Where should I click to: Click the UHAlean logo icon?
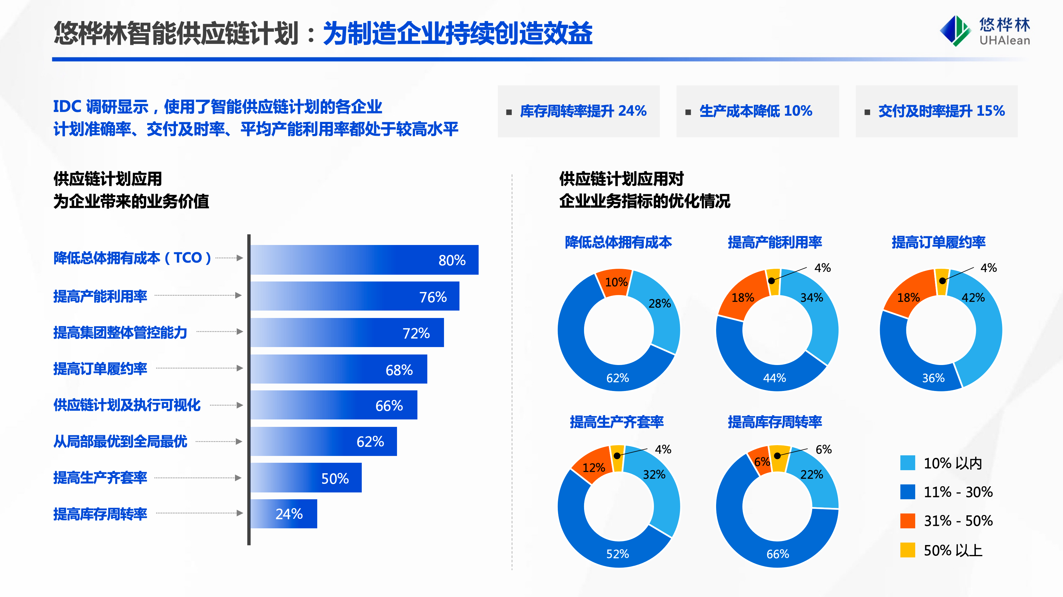point(954,31)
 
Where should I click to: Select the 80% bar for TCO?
point(364,260)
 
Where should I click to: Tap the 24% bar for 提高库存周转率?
point(284,513)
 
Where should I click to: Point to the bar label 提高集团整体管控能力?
point(120,332)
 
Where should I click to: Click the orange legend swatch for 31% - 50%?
point(907,521)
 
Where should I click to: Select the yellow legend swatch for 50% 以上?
point(907,550)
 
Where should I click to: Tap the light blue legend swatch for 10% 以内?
point(907,463)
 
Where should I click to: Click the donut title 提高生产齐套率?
point(617,422)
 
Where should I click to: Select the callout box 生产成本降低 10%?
point(757,111)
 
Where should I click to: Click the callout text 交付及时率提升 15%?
point(941,111)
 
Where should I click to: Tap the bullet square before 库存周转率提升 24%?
point(509,112)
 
